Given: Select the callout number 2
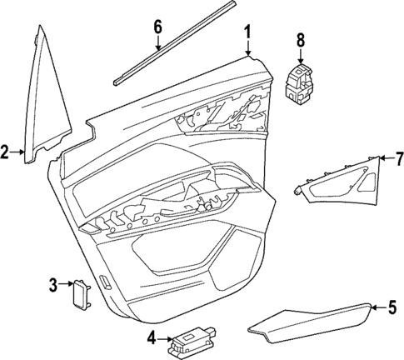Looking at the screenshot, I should (x=5, y=152).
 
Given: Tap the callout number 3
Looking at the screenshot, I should (x=52, y=286).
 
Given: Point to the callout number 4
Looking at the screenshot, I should (x=151, y=337).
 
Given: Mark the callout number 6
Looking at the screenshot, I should (x=157, y=27).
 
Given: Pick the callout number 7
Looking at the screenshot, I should (x=398, y=157).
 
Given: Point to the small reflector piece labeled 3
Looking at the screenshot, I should (x=82, y=293).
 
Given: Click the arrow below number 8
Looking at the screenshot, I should (x=301, y=56).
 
